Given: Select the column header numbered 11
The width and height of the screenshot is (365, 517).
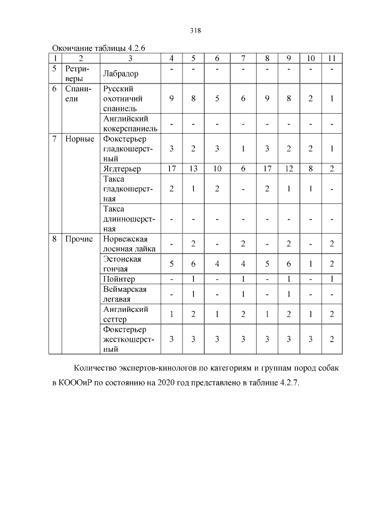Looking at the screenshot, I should pos(331,58).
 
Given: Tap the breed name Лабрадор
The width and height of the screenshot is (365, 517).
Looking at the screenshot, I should pos(121,73).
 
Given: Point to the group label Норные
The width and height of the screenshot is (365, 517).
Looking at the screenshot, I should pos(80,140).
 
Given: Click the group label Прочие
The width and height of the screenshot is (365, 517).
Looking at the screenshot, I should pos(79,239).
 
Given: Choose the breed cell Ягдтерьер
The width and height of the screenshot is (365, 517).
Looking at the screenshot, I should pos(122,169).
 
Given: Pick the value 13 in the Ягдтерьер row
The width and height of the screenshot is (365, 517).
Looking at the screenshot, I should pos(193,169).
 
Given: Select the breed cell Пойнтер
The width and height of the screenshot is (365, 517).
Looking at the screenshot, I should pos(119,279).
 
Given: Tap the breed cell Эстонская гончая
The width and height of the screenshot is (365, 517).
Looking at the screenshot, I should pos(122,263).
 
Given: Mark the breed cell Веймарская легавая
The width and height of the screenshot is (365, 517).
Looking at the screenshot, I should pos(125,294).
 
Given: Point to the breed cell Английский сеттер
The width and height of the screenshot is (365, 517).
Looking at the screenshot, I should pos(125,314).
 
